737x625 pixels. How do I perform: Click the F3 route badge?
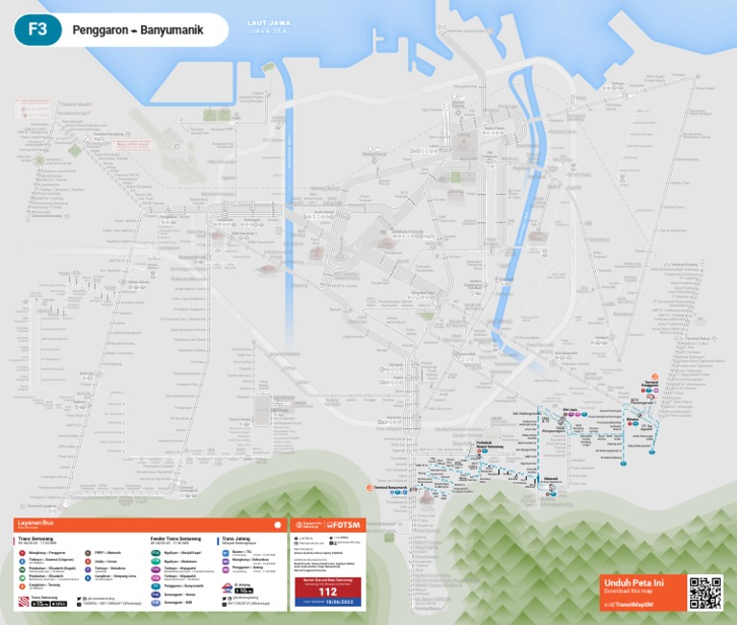37,30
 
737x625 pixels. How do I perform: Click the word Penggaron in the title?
101,31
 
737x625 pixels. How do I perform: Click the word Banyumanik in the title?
172,31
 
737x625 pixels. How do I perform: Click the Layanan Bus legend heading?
35,524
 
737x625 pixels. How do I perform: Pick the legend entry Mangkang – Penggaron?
48,553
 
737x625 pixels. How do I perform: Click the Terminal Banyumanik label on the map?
393,488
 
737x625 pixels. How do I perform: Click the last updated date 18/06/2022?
328,602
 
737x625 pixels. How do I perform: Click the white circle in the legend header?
277,525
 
